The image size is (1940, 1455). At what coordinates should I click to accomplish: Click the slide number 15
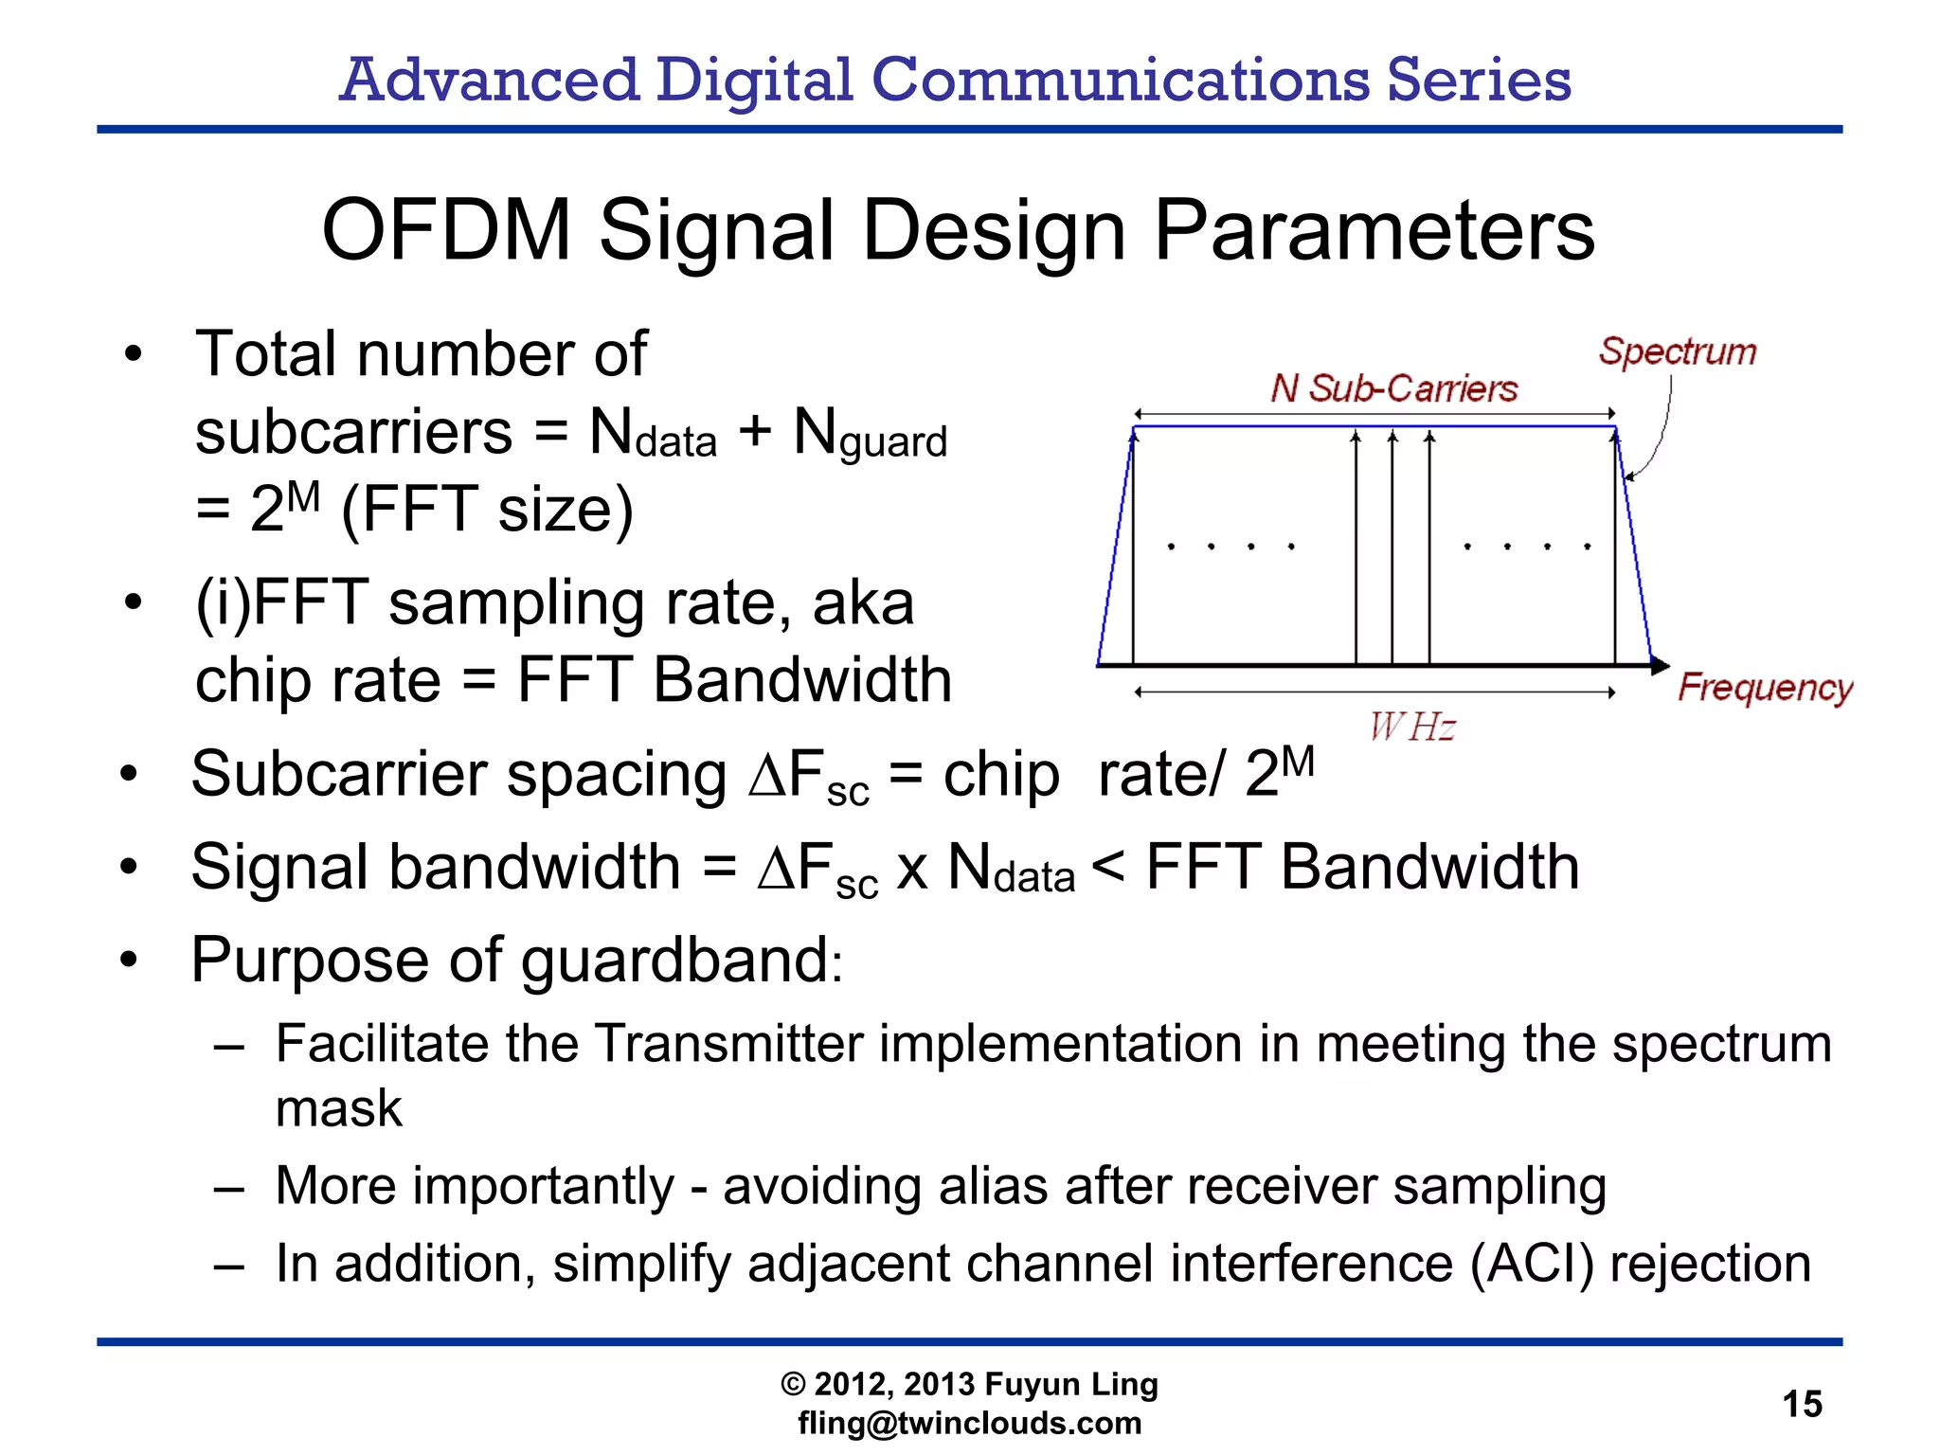tap(1802, 1403)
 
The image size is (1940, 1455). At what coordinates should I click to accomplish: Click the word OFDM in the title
tap(446, 230)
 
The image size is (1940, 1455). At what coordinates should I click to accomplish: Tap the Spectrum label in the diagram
tap(1677, 351)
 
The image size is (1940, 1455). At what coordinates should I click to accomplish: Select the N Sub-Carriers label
tap(1393, 388)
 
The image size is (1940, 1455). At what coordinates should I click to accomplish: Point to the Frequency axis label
tap(1764, 687)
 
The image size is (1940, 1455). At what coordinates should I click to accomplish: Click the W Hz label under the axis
tap(1411, 727)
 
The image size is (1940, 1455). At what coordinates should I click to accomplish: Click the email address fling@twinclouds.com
tap(969, 1423)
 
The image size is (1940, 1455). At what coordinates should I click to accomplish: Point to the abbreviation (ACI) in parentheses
tap(1532, 1264)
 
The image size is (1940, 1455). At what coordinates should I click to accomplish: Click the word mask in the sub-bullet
tap(338, 1107)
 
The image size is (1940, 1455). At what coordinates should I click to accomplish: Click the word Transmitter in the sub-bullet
tap(729, 1044)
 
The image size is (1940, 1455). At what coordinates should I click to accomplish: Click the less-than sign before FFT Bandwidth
tap(1108, 866)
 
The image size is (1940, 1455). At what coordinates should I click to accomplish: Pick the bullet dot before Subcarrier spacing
tap(130, 775)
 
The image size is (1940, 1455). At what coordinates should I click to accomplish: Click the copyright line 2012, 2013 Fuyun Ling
tap(969, 1384)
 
